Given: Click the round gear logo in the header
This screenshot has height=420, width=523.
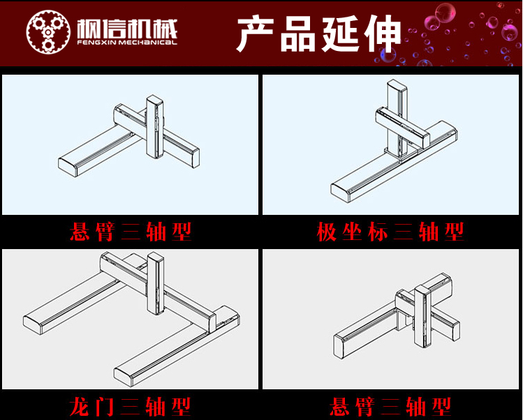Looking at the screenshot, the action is tap(48, 31).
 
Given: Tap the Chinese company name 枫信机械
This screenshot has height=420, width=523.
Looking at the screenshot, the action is tap(127, 29).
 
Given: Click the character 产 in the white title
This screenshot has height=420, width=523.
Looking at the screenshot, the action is tap(256, 33).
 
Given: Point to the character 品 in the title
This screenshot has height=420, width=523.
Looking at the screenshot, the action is tap(298, 33).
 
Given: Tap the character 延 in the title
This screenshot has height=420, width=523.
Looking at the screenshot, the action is tap(341, 33).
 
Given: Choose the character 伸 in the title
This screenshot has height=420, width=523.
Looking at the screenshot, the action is tap(383, 33).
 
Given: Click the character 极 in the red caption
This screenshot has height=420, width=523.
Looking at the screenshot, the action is tap(327, 232).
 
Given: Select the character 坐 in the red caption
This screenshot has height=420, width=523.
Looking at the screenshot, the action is tap(352, 232).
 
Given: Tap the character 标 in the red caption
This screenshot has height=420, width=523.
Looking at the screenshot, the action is tap(378, 232).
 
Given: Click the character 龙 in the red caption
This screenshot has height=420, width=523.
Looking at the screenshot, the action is tap(80, 407).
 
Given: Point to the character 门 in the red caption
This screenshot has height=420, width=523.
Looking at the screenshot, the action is tap(105, 407).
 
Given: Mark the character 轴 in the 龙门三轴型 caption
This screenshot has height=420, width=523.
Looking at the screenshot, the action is tap(156, 407).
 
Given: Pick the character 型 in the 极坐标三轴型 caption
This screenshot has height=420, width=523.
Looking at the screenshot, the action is tap(454, 232).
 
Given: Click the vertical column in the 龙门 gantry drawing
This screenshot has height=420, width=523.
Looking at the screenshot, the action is tap(156, 283).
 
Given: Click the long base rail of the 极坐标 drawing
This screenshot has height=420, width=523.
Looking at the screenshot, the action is tap(395, 162).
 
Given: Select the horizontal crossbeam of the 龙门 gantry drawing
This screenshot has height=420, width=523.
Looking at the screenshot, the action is tap(157, 292).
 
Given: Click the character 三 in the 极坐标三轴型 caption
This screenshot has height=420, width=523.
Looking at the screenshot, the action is tap(404, 232).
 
